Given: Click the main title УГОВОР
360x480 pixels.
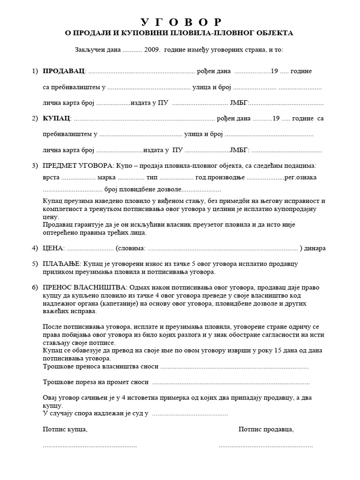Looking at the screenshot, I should (x=180, y=22).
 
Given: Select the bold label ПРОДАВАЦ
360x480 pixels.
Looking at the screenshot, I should (x=64, y=71).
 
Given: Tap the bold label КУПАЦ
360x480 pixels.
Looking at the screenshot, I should (x=56, y=118).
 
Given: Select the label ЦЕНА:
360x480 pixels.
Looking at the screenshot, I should (x=53, y=248).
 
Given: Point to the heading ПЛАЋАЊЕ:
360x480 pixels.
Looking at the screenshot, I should (x=62, y=265).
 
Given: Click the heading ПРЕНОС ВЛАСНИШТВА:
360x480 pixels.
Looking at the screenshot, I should (x=84, y=287).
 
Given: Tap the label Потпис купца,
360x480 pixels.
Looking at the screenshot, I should (x=65, y=429).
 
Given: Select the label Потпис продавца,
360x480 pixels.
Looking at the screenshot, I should (x=266, y=429).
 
